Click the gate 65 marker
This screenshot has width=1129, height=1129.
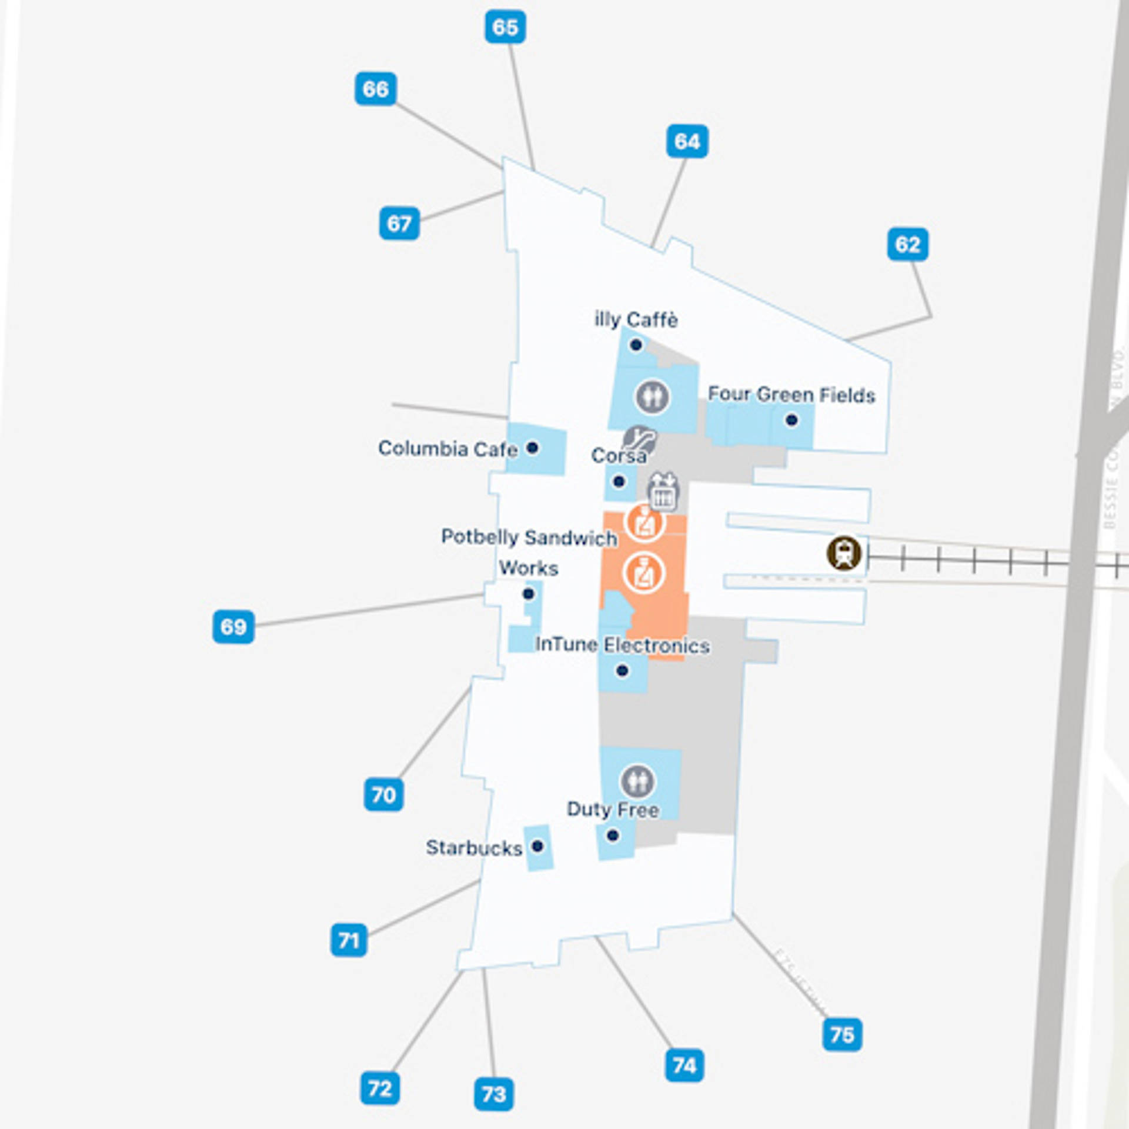point(505,27)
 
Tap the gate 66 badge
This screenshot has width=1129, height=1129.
point(375,89)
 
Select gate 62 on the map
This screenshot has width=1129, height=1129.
point(907,244)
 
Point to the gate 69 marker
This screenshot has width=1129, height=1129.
point(233,627)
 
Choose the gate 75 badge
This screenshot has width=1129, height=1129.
point(842,1034)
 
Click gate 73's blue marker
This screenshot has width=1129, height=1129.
point(494,1094)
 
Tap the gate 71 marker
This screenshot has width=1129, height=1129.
point(349,940)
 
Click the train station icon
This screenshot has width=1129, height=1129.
point(844,553)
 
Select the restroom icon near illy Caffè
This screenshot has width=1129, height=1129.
point(652,396)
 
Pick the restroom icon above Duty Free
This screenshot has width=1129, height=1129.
point(637,781)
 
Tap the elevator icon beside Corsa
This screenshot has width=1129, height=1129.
point(664,491)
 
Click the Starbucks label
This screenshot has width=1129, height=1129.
point(474,847)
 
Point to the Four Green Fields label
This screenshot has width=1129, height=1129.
point(791,394)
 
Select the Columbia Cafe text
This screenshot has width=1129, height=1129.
point(447,449)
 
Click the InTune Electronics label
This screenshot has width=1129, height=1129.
point(622,645)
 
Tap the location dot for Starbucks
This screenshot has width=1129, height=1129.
point(537,846)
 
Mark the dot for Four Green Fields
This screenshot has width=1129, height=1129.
point(791,420)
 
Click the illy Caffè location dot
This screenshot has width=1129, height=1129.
point(636,345)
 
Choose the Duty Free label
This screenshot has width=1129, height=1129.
point(613,810)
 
